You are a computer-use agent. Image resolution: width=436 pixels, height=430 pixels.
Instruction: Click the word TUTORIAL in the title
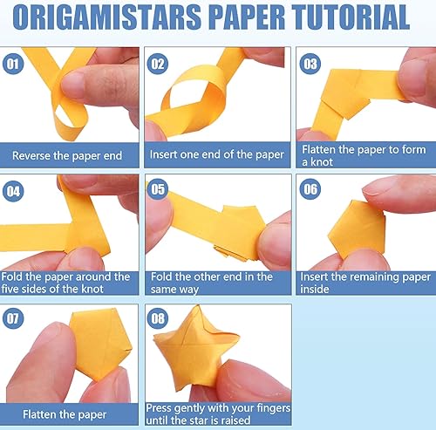coord(351,17)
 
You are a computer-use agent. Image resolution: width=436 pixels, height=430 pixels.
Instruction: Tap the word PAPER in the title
coord(247,17)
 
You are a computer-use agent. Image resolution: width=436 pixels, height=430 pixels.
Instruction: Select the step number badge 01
coord(13,64)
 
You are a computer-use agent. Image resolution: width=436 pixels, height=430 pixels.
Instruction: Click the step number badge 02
coord(158,64)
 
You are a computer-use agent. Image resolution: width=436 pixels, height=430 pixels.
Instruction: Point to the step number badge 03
coord(310,64)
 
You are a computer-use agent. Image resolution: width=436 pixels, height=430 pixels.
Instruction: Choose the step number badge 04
coord(13,191)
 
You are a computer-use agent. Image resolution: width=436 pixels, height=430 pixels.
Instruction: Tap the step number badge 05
coord(158,189)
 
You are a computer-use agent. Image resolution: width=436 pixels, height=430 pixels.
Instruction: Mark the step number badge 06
coord(310,189)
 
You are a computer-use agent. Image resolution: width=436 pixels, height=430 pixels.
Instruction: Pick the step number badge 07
coord(13,318)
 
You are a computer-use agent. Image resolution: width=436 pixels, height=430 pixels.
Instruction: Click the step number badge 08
coord(158,318)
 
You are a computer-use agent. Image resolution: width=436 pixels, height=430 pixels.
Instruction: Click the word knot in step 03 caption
coord(322,162)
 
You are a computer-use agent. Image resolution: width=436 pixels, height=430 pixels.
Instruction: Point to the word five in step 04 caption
coord(10,289)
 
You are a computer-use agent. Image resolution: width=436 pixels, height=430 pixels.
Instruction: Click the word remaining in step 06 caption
coord(374,277)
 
